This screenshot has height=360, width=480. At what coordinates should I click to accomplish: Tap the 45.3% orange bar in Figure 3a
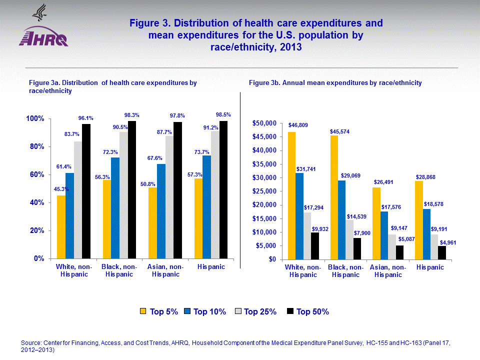coord(61,227)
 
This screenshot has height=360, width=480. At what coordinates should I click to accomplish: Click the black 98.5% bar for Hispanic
coord(223,190)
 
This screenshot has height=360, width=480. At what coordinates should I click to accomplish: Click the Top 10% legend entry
coord(204,311)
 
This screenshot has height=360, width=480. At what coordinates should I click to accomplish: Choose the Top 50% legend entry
coord(308,311)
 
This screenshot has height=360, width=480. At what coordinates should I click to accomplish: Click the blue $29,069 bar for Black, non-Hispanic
coord(341,219)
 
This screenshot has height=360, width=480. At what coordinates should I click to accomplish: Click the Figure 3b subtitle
coord(335,82)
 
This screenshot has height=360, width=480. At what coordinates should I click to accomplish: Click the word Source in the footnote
coord(31,342)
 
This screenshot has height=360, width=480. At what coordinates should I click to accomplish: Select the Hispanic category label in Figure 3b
coord(430,267)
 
